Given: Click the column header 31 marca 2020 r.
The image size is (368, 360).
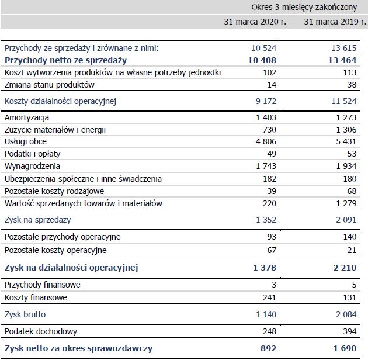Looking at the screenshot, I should (255, 22).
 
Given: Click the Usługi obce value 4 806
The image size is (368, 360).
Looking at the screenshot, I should (263, 141).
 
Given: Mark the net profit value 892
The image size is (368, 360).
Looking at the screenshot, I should (266, 348).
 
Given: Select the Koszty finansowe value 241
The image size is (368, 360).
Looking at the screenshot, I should (269, 297).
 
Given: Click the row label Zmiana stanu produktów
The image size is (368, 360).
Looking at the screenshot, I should (49, 84).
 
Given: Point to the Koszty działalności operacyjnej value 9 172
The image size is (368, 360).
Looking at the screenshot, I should (264, 101).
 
